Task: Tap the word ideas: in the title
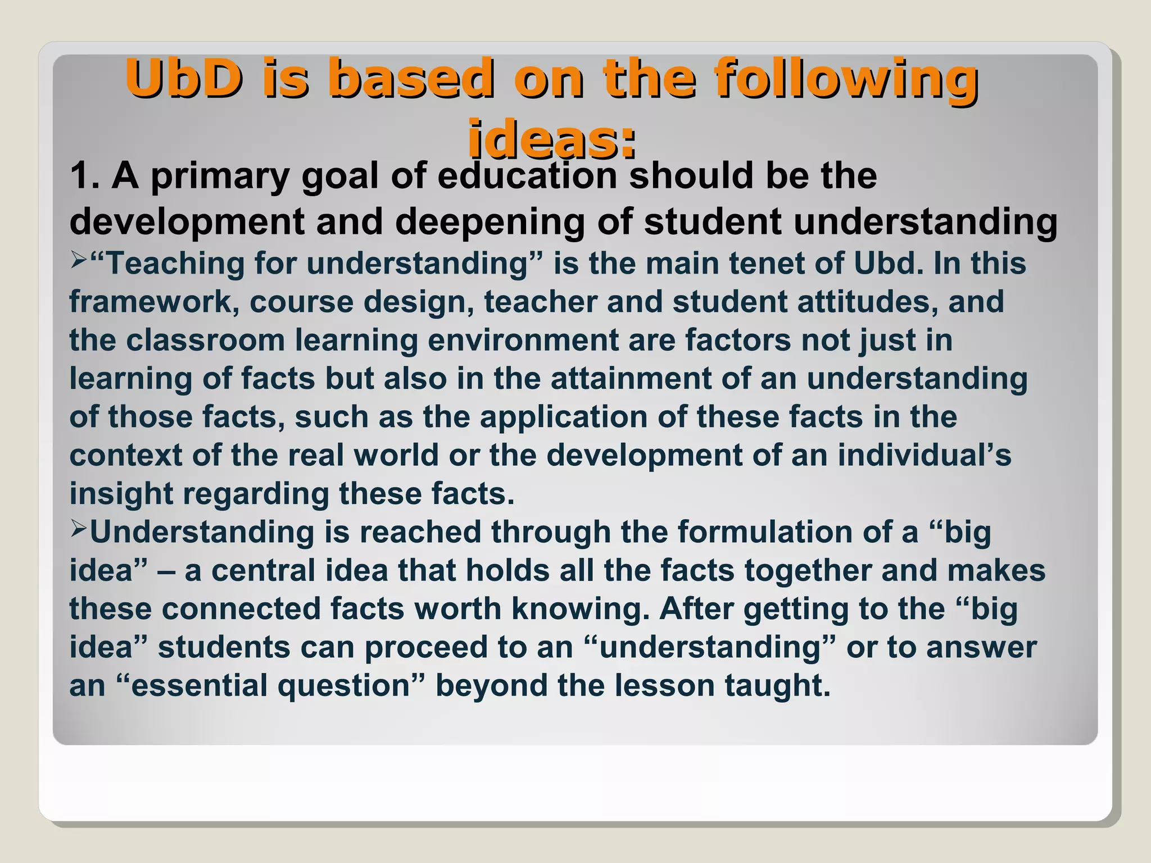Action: point(552,138)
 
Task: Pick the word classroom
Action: point(206,340)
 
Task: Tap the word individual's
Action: point(924,455)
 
